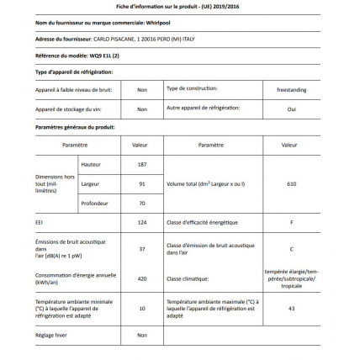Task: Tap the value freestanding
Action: pyautogui.click(x=291, y=88)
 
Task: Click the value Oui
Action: pyautogui.click(x=291, y=109)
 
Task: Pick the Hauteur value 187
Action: pyautogui.click(x=142, y=164)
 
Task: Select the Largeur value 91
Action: pyautogui.click(x=142, y=183)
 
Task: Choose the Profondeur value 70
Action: pyautogui.click(x=142, y=203)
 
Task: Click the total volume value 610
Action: pyautogui.click(x=291, y=183)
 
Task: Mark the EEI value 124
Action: pyautogui.click(x=142, y=222)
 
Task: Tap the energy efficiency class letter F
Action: pyautogui.click(x=291, y=222)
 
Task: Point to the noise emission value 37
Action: pyautogui.click(x=142, y=248)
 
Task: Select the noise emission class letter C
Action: pyautogui.click(x=291, y=248)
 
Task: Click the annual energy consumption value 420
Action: pyautogui.click(x=142, y=278)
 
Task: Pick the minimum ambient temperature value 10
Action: pyautogui.click(x=142, y=308)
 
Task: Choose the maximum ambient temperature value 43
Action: pyautogui.click(x=291, y=308)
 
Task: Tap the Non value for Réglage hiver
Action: pyautogui.click(x=142, y=335)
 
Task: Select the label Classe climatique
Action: pyautogui.click(x=188, y=278)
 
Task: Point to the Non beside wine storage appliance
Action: pyautogui.click(x=142, y=109)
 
